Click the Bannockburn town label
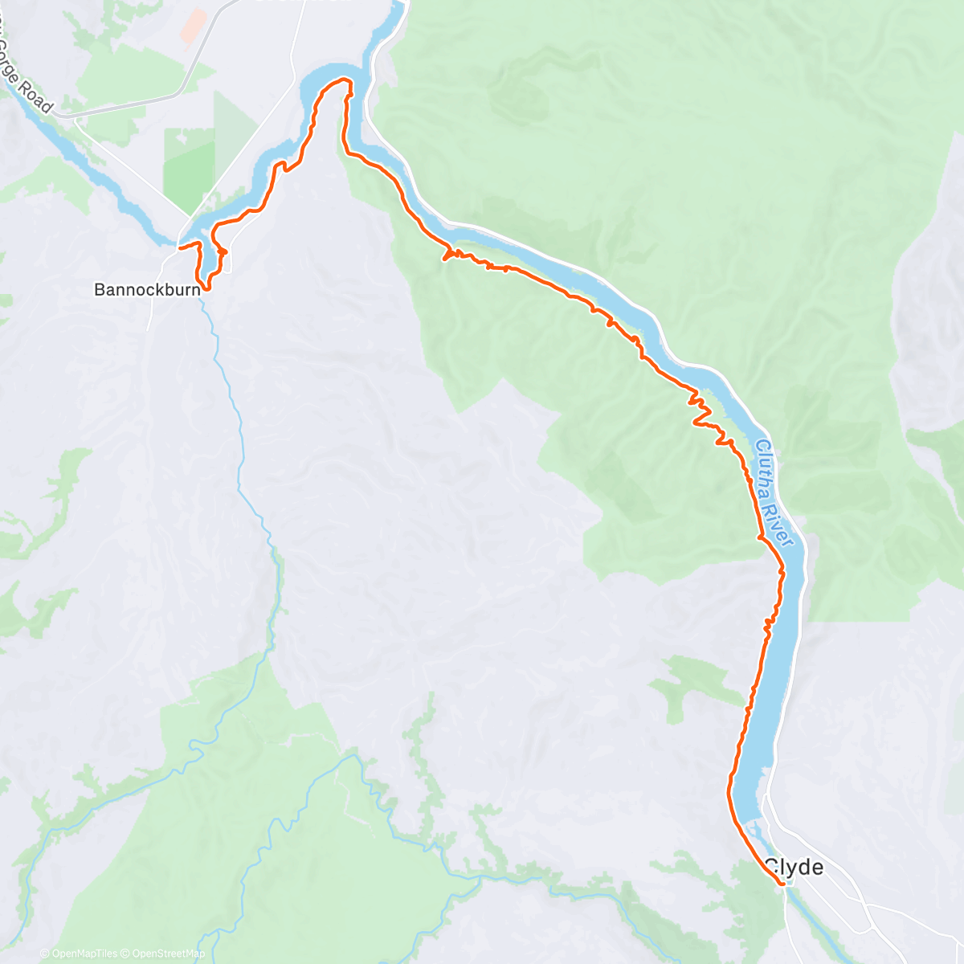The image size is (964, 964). (146, 289)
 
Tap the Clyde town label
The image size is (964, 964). (794, 867)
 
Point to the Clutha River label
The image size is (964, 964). (774, 494)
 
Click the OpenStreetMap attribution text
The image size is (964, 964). (168, 954)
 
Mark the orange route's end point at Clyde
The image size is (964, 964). (782, 884)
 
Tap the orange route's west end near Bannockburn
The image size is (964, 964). (178, 247)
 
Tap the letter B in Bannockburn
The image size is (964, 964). (99, 289)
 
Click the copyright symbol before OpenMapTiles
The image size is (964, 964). (44, 954)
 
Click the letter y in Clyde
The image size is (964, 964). (792, 868)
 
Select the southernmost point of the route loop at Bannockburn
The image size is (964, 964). (206, 288)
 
